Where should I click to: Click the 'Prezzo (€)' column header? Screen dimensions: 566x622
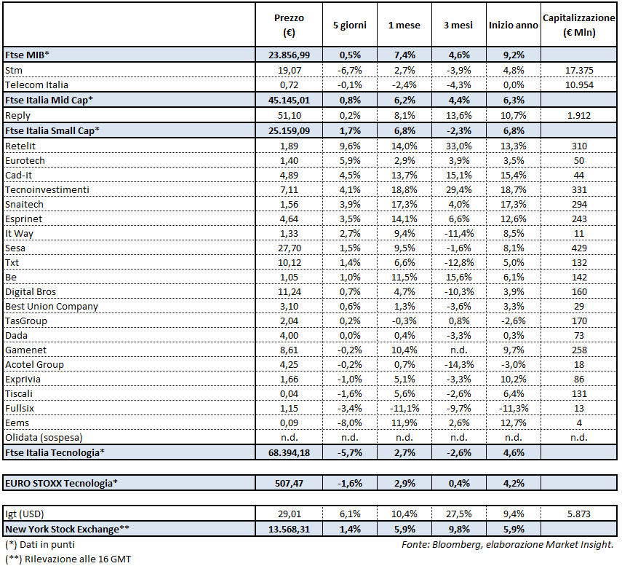point(289,25)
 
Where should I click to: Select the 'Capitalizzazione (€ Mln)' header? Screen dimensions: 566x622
point(578,25)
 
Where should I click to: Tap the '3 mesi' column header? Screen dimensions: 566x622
point(459,25)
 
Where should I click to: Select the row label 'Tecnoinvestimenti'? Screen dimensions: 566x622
point(47,189)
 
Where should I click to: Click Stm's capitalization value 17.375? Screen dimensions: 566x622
point(578,70)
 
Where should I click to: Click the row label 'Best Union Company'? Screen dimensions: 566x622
point(51,306)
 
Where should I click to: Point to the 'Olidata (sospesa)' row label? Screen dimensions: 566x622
point(43,437)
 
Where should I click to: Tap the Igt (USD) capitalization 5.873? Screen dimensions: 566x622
point(578,514)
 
